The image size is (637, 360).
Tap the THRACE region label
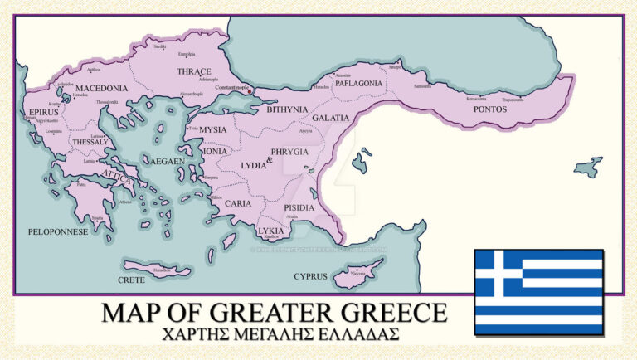point(194,72)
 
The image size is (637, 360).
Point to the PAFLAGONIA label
point(358,84)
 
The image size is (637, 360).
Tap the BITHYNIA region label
point(287,109)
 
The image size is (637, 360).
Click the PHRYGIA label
point(289,152)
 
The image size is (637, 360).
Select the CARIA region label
point(238,202)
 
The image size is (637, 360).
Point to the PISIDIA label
point(299,207)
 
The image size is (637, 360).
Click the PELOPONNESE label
point(58,232)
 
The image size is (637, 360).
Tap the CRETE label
point(131,280)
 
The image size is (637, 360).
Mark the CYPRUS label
point(311,276)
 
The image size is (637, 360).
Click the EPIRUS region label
point(42,109)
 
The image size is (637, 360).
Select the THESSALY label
point(90,142)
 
